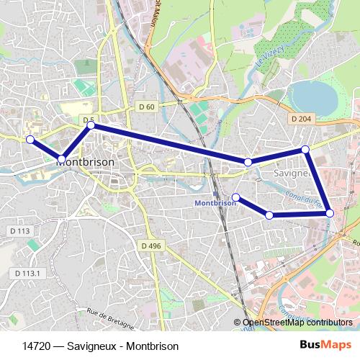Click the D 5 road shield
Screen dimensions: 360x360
(x=89, y=120)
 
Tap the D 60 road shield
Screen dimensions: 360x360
(x=146, y=107)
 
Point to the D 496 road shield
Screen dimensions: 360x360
(x=151, y=246)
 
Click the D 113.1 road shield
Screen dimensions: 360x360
(x=30, y=274)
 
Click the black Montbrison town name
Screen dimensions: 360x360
(x=85, y=163)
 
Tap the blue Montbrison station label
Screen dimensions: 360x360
(x=215, y=203)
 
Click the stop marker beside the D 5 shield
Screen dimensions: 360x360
(x=91, y=126)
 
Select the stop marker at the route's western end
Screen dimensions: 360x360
(x=30, y=140)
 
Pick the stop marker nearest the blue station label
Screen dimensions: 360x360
(x=236, y=197)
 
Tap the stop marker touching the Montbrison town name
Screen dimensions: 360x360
(x=62, y=158)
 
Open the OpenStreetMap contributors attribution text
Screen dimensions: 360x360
(x=297, y=323)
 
